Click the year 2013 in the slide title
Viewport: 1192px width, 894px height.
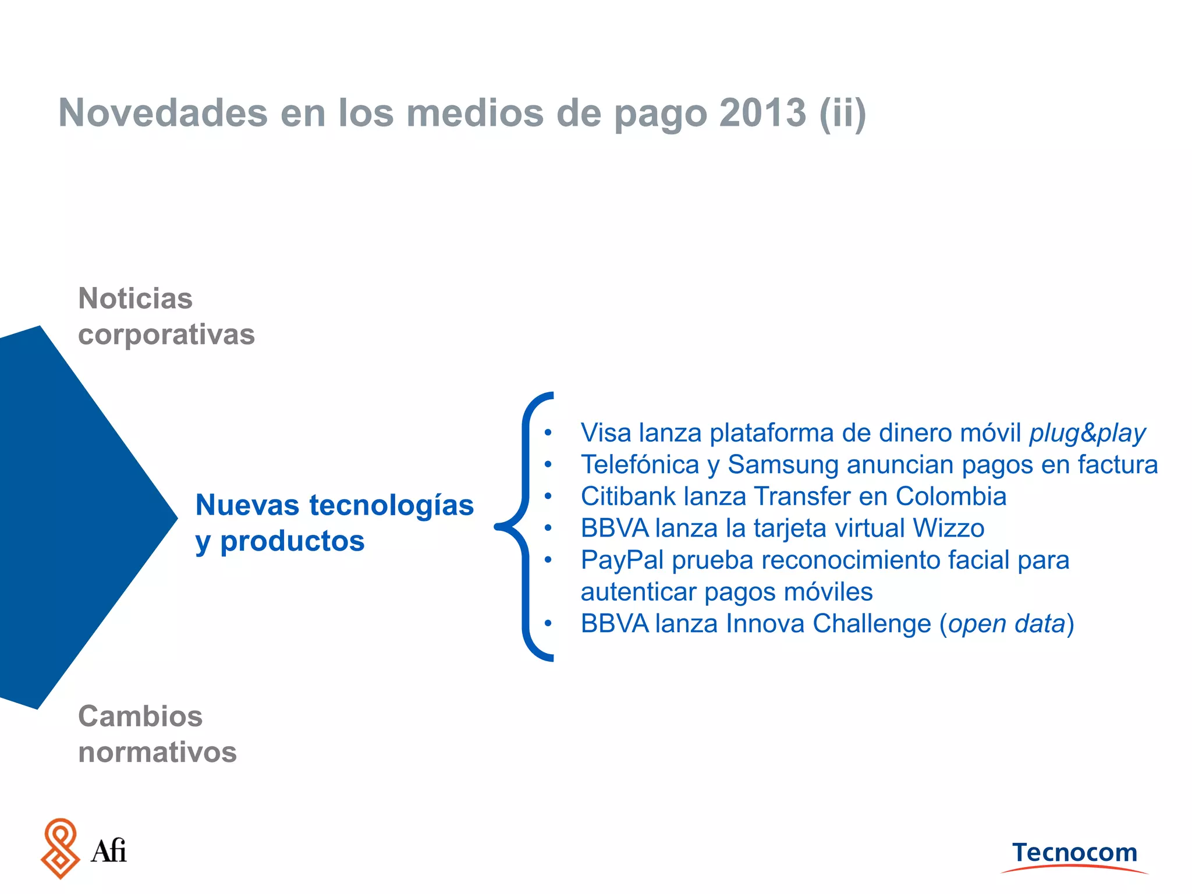pos(762,112)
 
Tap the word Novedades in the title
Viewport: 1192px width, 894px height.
pos(163,112)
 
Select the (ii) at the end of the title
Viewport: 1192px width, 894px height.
pos(842,113)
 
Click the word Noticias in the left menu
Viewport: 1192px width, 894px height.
pos(135,299)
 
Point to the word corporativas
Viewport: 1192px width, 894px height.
pos(166,335)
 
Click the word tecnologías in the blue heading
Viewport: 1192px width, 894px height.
pos(391,505)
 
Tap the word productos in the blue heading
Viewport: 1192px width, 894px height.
pos(292,541)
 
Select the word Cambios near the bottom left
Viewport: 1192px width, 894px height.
pos(140,716)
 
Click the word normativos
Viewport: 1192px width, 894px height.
pos(157,752)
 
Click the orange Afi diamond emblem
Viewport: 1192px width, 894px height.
pos(60,848)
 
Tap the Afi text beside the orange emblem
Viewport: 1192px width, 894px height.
pos(109,851)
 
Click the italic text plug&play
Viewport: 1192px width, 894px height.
pos(1087,433)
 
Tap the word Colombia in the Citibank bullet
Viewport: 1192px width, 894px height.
pos(950,496)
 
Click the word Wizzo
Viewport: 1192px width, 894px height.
pos(948,528)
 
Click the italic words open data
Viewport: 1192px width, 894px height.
pos(1006,624)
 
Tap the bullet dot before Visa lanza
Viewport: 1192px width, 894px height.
pos(548,433)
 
